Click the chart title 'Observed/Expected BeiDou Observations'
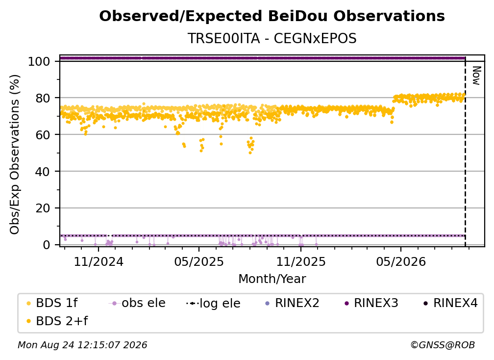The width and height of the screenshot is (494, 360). (x=272, y=16)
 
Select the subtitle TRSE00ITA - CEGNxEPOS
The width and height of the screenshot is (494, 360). (x=272, y=38)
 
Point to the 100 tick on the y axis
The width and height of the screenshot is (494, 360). (x=39, y=61)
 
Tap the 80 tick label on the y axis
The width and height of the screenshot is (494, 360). (x=43, y=98)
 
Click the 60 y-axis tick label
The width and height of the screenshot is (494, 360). (x=43, y=135)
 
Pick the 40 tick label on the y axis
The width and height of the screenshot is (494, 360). (x=43, y=172)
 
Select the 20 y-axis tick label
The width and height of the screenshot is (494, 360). (x=43, y=208)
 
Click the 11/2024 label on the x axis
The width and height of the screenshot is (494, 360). (x=99, y=261)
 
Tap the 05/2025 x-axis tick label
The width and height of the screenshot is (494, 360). (x=199, y=261)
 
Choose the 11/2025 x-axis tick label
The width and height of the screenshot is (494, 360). (x=301, y=261)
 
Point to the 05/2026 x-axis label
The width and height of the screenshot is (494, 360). (x=401, y=261)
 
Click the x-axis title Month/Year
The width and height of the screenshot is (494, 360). (x=272, y=279)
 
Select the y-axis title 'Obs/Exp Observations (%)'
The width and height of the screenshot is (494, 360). (x=15, y=154)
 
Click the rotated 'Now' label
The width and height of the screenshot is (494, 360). (x=476, y=76)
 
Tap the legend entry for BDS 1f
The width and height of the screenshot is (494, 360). (x=52, y=303)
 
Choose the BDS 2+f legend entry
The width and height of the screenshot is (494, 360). (x=57, y=321)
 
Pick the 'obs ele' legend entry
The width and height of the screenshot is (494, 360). (x=137, y=303)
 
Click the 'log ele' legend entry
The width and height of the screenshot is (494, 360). (x=213, y=303)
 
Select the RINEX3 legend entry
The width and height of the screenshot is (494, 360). (x=371, y=303)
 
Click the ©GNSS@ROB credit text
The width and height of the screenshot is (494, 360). (x=443, y=345)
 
